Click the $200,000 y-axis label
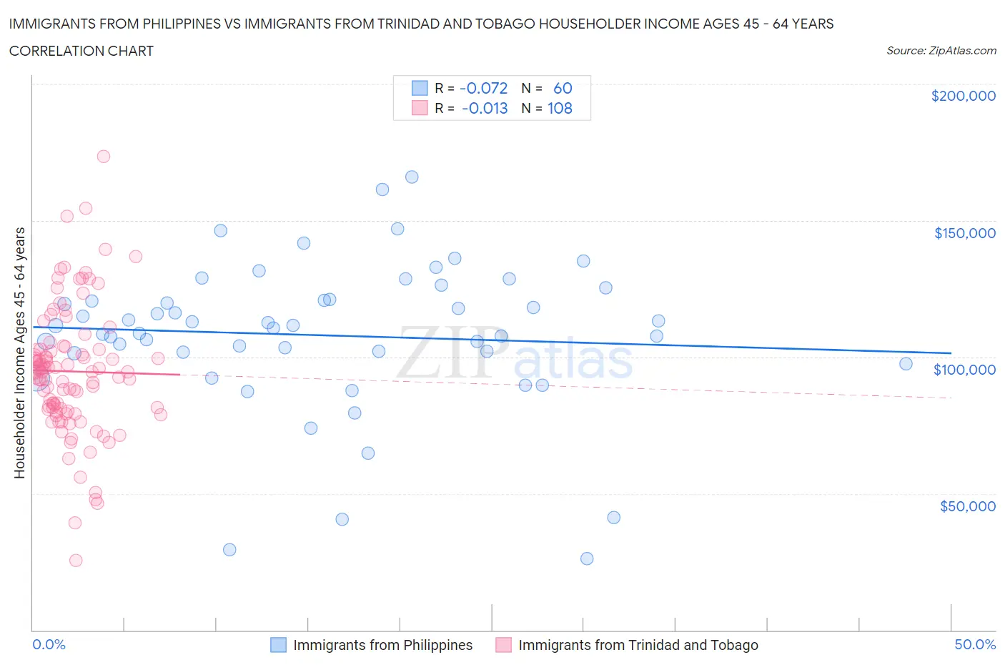963,97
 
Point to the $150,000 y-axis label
964,233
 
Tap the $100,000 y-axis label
964,370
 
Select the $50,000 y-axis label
967,506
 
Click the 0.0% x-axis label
49,644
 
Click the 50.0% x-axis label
975,644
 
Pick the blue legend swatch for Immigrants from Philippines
278,645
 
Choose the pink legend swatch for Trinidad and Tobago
503,645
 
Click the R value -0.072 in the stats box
483,88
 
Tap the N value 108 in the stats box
560,108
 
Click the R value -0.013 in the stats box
485,108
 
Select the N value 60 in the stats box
563,88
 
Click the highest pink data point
103,156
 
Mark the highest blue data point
412,177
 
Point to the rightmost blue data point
906,363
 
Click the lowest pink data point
75,560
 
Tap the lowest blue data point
587,558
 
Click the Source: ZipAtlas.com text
941,51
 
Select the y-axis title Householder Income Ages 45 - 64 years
20,353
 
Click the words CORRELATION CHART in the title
81,51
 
